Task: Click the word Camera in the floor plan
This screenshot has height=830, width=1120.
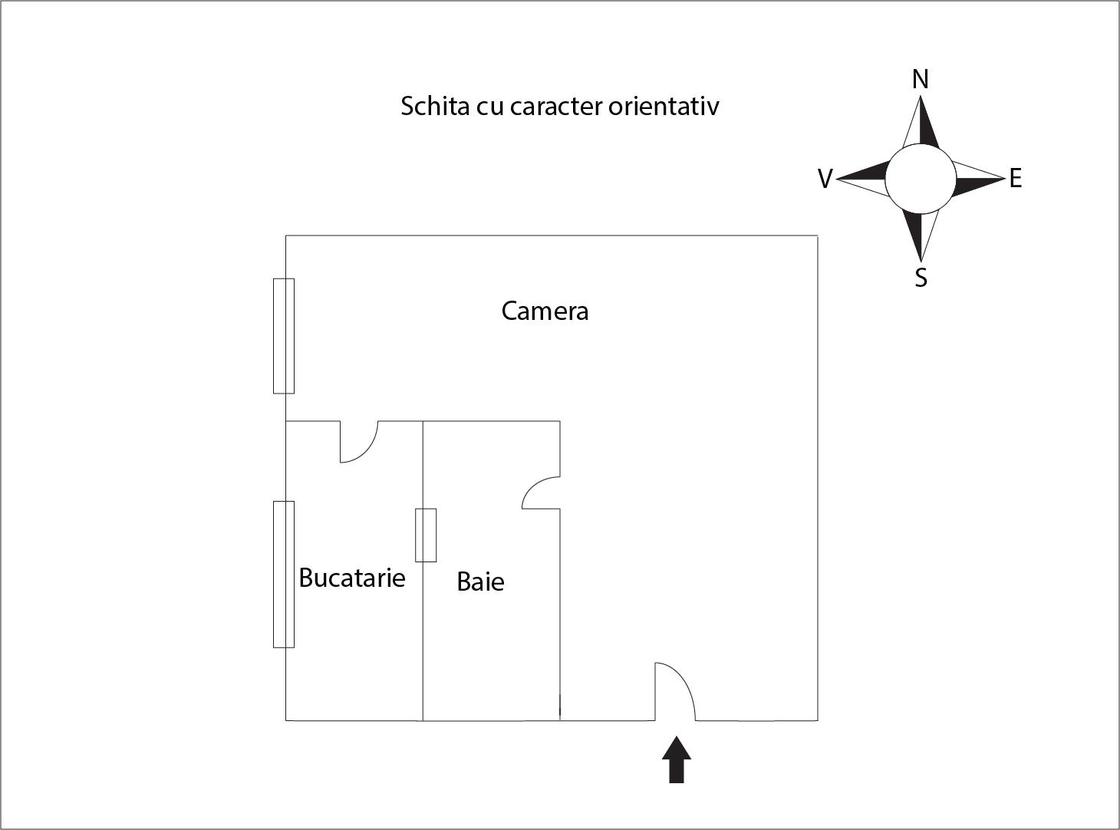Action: (545, 311)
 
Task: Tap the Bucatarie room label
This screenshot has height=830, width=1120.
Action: (351, 578)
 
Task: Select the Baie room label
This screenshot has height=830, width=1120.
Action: (480, 581)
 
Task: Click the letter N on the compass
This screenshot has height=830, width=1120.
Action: (921, 79)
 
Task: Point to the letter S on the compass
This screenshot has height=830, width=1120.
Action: (921, 277)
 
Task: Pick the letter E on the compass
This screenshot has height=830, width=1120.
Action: (1015, 179)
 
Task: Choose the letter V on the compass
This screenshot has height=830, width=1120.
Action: (825, 180)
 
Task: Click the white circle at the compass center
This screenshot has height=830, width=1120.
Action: (921, 180)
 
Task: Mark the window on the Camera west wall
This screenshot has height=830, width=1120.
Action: (284, 336)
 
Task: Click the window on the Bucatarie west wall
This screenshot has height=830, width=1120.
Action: (284, 574)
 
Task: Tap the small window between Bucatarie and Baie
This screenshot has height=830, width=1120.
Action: (426, 535)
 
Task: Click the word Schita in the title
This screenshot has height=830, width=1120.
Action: (434, 106)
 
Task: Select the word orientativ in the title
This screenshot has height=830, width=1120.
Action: (664, 106)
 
